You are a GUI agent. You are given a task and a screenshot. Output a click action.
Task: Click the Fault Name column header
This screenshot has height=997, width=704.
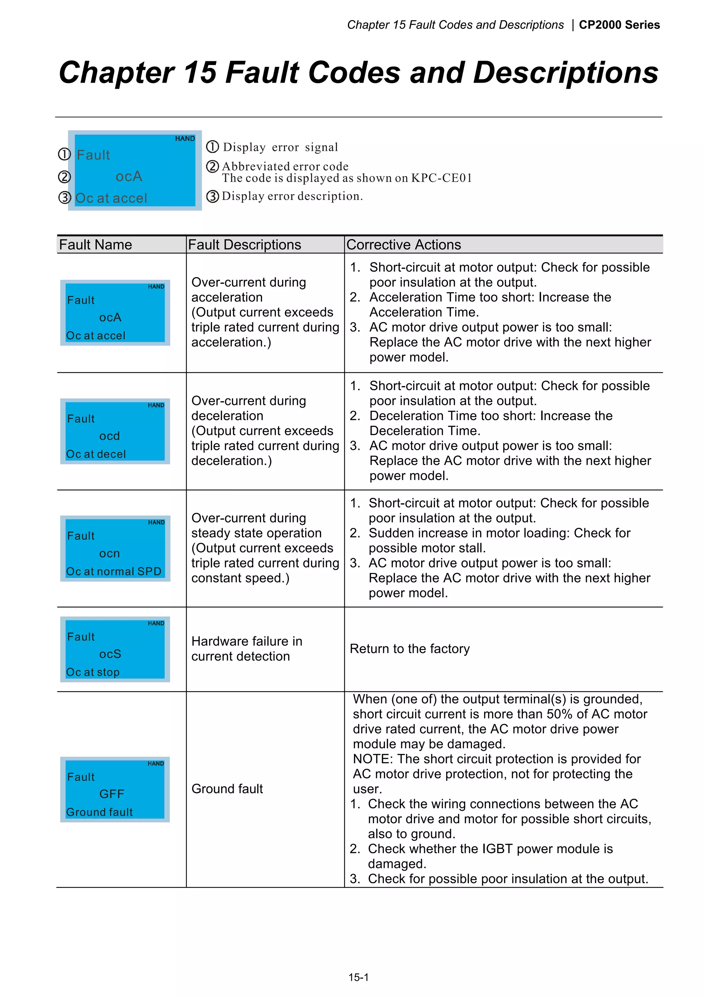pyautogui.click(x=96, y=245)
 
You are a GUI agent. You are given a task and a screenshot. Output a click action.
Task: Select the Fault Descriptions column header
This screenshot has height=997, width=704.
pyautogui.click(x=244, y=245)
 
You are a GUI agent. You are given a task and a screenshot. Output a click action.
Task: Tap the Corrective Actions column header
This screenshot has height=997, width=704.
pyautogui.click(x=404, y=245)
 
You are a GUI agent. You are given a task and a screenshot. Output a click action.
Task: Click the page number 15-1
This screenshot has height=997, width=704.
pyautogui.click(x=358, y=977)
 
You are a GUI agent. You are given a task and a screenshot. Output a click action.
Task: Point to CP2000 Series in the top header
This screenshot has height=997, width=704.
pyautogui.click(x=619, y=25)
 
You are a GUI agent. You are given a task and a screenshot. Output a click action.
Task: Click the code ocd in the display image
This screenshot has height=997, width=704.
pyautogui.click(x=109, y=436)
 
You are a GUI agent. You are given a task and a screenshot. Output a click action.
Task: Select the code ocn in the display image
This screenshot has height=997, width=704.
pyautogui.click(x=109, y=554)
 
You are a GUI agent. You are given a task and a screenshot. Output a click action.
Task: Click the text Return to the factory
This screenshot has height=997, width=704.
pyautogui.click(x=409, y=649)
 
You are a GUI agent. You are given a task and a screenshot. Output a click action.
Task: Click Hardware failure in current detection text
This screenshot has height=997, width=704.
pyautogui.click(x=246, y=649)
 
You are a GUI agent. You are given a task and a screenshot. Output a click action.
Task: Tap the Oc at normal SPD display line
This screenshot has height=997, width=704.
pyautogui.click(x=114, y=571)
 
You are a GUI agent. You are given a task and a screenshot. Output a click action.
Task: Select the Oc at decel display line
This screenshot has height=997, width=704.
pyautogui.click(x=96, y=454)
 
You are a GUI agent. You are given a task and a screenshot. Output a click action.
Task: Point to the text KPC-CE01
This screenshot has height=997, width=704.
pyautogui.click(x=441, y=178)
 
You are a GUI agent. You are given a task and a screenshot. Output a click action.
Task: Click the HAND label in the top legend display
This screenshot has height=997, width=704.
pyautogui.click(x=185, y=139)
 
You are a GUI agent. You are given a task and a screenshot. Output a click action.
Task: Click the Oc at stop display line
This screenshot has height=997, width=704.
pyautogui.click(x=93, y=672)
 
